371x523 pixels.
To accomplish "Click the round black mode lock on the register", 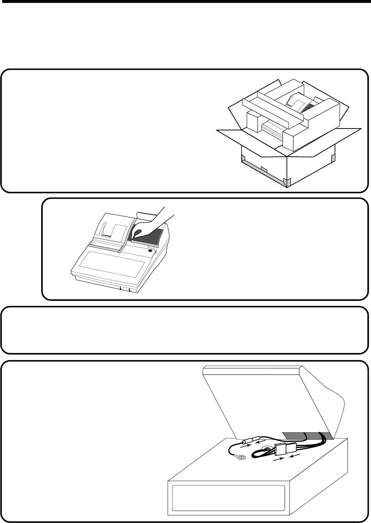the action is [150, 250].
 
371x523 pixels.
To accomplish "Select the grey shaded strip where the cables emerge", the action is [307, 436].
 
